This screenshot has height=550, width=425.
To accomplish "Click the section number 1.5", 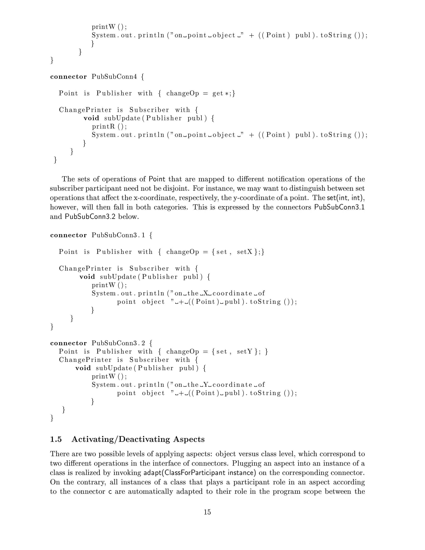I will pyautogui.click(x=56, y=439).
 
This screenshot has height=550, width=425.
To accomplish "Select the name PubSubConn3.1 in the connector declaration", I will pyautogui.click(x=118, y=235).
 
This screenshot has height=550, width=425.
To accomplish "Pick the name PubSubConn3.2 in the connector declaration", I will pyautogui.click(x=118, y=343).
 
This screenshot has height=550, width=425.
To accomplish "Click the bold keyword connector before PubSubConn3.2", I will pyautogui.click(x=68, y=343).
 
